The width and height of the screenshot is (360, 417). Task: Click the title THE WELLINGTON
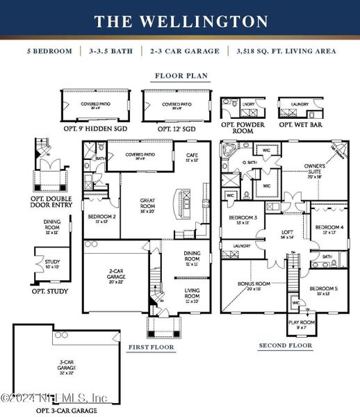(x=180, y=22)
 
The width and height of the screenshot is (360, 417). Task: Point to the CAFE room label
(x=193, y=158)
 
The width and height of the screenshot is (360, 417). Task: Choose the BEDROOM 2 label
(x=101, y=219)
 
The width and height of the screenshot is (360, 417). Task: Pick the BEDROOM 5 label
(x=323, y=291)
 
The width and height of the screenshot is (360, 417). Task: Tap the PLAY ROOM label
(x=302, y=324)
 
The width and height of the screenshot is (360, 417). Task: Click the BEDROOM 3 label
(x=243, y=221)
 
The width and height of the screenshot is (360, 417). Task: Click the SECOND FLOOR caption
(x=285, y=345)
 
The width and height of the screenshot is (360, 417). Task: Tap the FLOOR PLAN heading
(x=181, y=76)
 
